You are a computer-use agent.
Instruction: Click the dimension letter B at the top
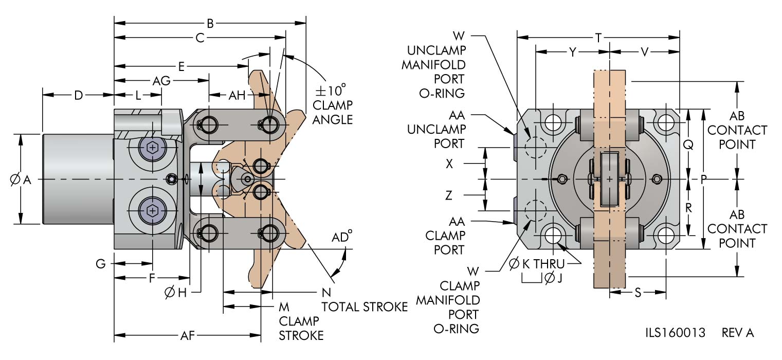pos(210,23)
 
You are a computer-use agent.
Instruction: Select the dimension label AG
pos(162,81)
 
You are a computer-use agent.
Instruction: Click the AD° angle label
pos(342,237)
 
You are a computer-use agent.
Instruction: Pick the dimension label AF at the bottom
pos(187,336)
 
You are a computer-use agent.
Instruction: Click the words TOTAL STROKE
pos(365,307)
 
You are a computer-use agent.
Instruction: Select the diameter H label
pos(175,293)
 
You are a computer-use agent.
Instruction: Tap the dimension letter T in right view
pos(598,37)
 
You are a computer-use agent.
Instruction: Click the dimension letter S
pos(638,293)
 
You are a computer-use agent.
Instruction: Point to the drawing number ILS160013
pos(675,333)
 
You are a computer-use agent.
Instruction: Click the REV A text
pos(738,333)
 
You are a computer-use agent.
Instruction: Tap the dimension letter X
pos(450,164)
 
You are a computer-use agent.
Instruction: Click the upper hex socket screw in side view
pos(152,148)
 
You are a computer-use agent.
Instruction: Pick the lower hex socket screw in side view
pos(152,210)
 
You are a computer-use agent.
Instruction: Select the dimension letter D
pos(78,95)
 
